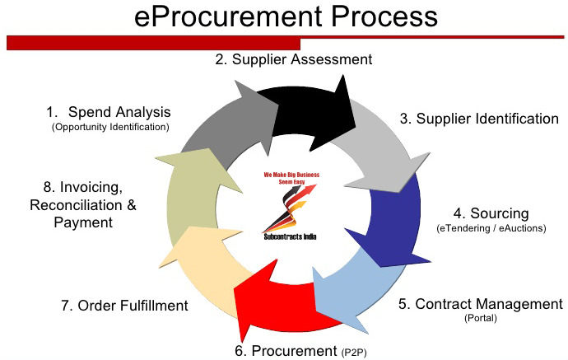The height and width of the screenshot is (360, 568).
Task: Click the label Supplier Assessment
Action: (x=294, y=59)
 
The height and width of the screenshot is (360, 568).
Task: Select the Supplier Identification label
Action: (x=479, y=119)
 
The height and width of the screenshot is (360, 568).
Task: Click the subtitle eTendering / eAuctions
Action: (x=491, y=228)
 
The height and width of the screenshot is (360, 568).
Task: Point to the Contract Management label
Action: (x=480, y=304)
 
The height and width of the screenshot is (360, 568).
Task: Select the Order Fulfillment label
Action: (x=124, y=306)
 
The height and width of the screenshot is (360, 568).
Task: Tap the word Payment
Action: (x=81, y=222)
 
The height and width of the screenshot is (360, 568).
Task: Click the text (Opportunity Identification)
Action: (x=110, y=128)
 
